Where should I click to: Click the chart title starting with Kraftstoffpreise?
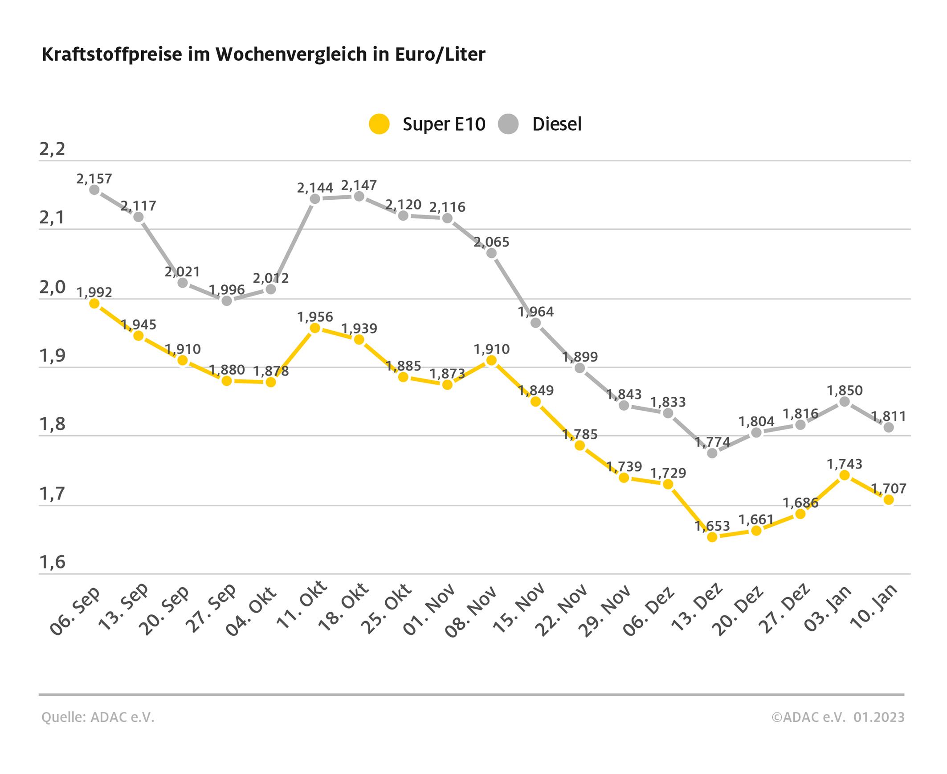click(263, 54)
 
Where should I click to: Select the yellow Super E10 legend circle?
click(380, 124)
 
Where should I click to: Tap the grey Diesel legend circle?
click(508, 124)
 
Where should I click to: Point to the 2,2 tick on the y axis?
click(52, 149)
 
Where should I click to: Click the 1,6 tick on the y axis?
click(52, 563)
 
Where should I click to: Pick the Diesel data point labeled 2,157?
click(94, 190)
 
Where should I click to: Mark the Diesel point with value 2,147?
click(359, 197)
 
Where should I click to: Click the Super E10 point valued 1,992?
click(94, 304)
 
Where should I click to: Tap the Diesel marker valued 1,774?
click(712, 453)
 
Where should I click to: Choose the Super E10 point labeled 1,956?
click(315, 328)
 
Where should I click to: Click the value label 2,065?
click(491, 242)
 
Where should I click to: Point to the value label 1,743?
click(845, 464)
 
